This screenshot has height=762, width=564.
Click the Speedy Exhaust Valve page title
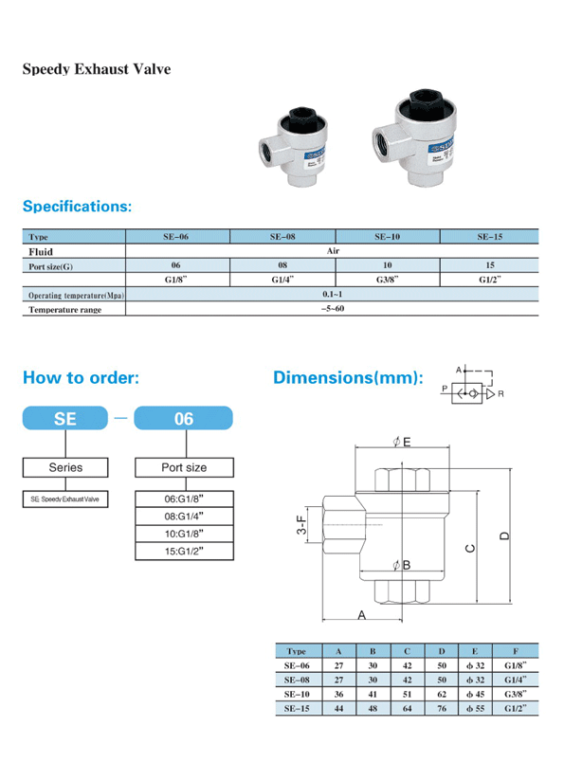[x=97, y=69]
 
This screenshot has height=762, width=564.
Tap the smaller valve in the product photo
[x=293, y=147]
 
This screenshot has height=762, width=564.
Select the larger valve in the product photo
[x=414, y=137]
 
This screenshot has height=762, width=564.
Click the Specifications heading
[x=78, y=206]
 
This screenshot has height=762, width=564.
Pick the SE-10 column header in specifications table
[x=387, y=237]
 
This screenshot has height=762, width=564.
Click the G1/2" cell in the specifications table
[x=490, y=280]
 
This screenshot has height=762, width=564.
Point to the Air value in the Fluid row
[x=333, y=251]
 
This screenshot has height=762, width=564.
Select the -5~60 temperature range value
[x=333, y=309]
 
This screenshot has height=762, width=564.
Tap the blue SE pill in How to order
[x=65, y=418]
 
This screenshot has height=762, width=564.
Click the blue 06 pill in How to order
[x=183, y=418]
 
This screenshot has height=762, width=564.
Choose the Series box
[x=65, y=467]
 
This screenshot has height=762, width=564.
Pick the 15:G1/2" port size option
[x=184, y=551]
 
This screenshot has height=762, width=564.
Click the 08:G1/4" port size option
[x=184, y=517]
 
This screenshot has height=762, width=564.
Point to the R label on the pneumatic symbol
[x=500, y=394]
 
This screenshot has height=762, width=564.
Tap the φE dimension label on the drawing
[x=402, y=442]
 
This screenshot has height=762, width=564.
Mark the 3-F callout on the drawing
[x=301, y=525]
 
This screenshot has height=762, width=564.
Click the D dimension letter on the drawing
[x=504, y=536]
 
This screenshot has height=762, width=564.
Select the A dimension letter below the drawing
[x=361, y=615]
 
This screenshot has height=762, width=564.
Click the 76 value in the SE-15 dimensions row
[x=442, y=709]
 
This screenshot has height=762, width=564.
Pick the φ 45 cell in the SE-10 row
[x=475, y=694]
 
